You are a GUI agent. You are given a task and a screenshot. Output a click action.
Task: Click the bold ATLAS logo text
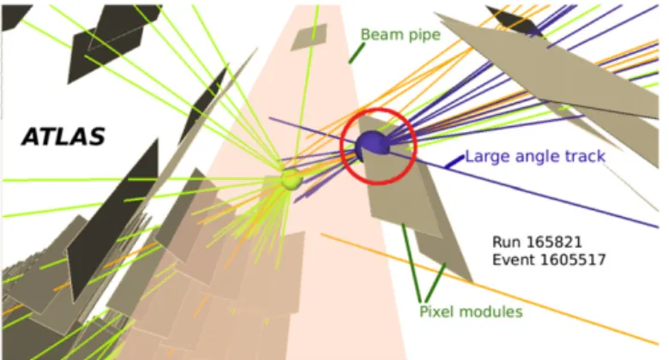click(x=63, y=137)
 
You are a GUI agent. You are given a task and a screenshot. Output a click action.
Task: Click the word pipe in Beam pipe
click(x=422, y=35)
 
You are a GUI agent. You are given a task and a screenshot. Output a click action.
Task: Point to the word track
click(x=585, y=156)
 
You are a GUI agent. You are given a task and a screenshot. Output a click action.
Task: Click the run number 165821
click(x=554, y=243)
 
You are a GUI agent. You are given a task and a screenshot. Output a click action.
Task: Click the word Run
click(x=507, y=243)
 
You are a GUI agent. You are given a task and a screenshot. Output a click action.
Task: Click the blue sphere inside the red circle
click(x=372, y=145)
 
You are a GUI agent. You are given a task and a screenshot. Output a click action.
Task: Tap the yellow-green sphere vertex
click(x=292, y=179)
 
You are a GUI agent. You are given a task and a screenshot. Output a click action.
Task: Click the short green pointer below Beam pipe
click(x=357, y=53)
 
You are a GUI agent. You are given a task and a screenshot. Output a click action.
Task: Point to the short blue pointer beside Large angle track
click(x=454, y=162)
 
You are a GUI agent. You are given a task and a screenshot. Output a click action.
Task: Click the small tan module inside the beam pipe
click(x=309, y=37)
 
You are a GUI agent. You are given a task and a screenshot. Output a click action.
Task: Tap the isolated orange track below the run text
click(x=490, y=289)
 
